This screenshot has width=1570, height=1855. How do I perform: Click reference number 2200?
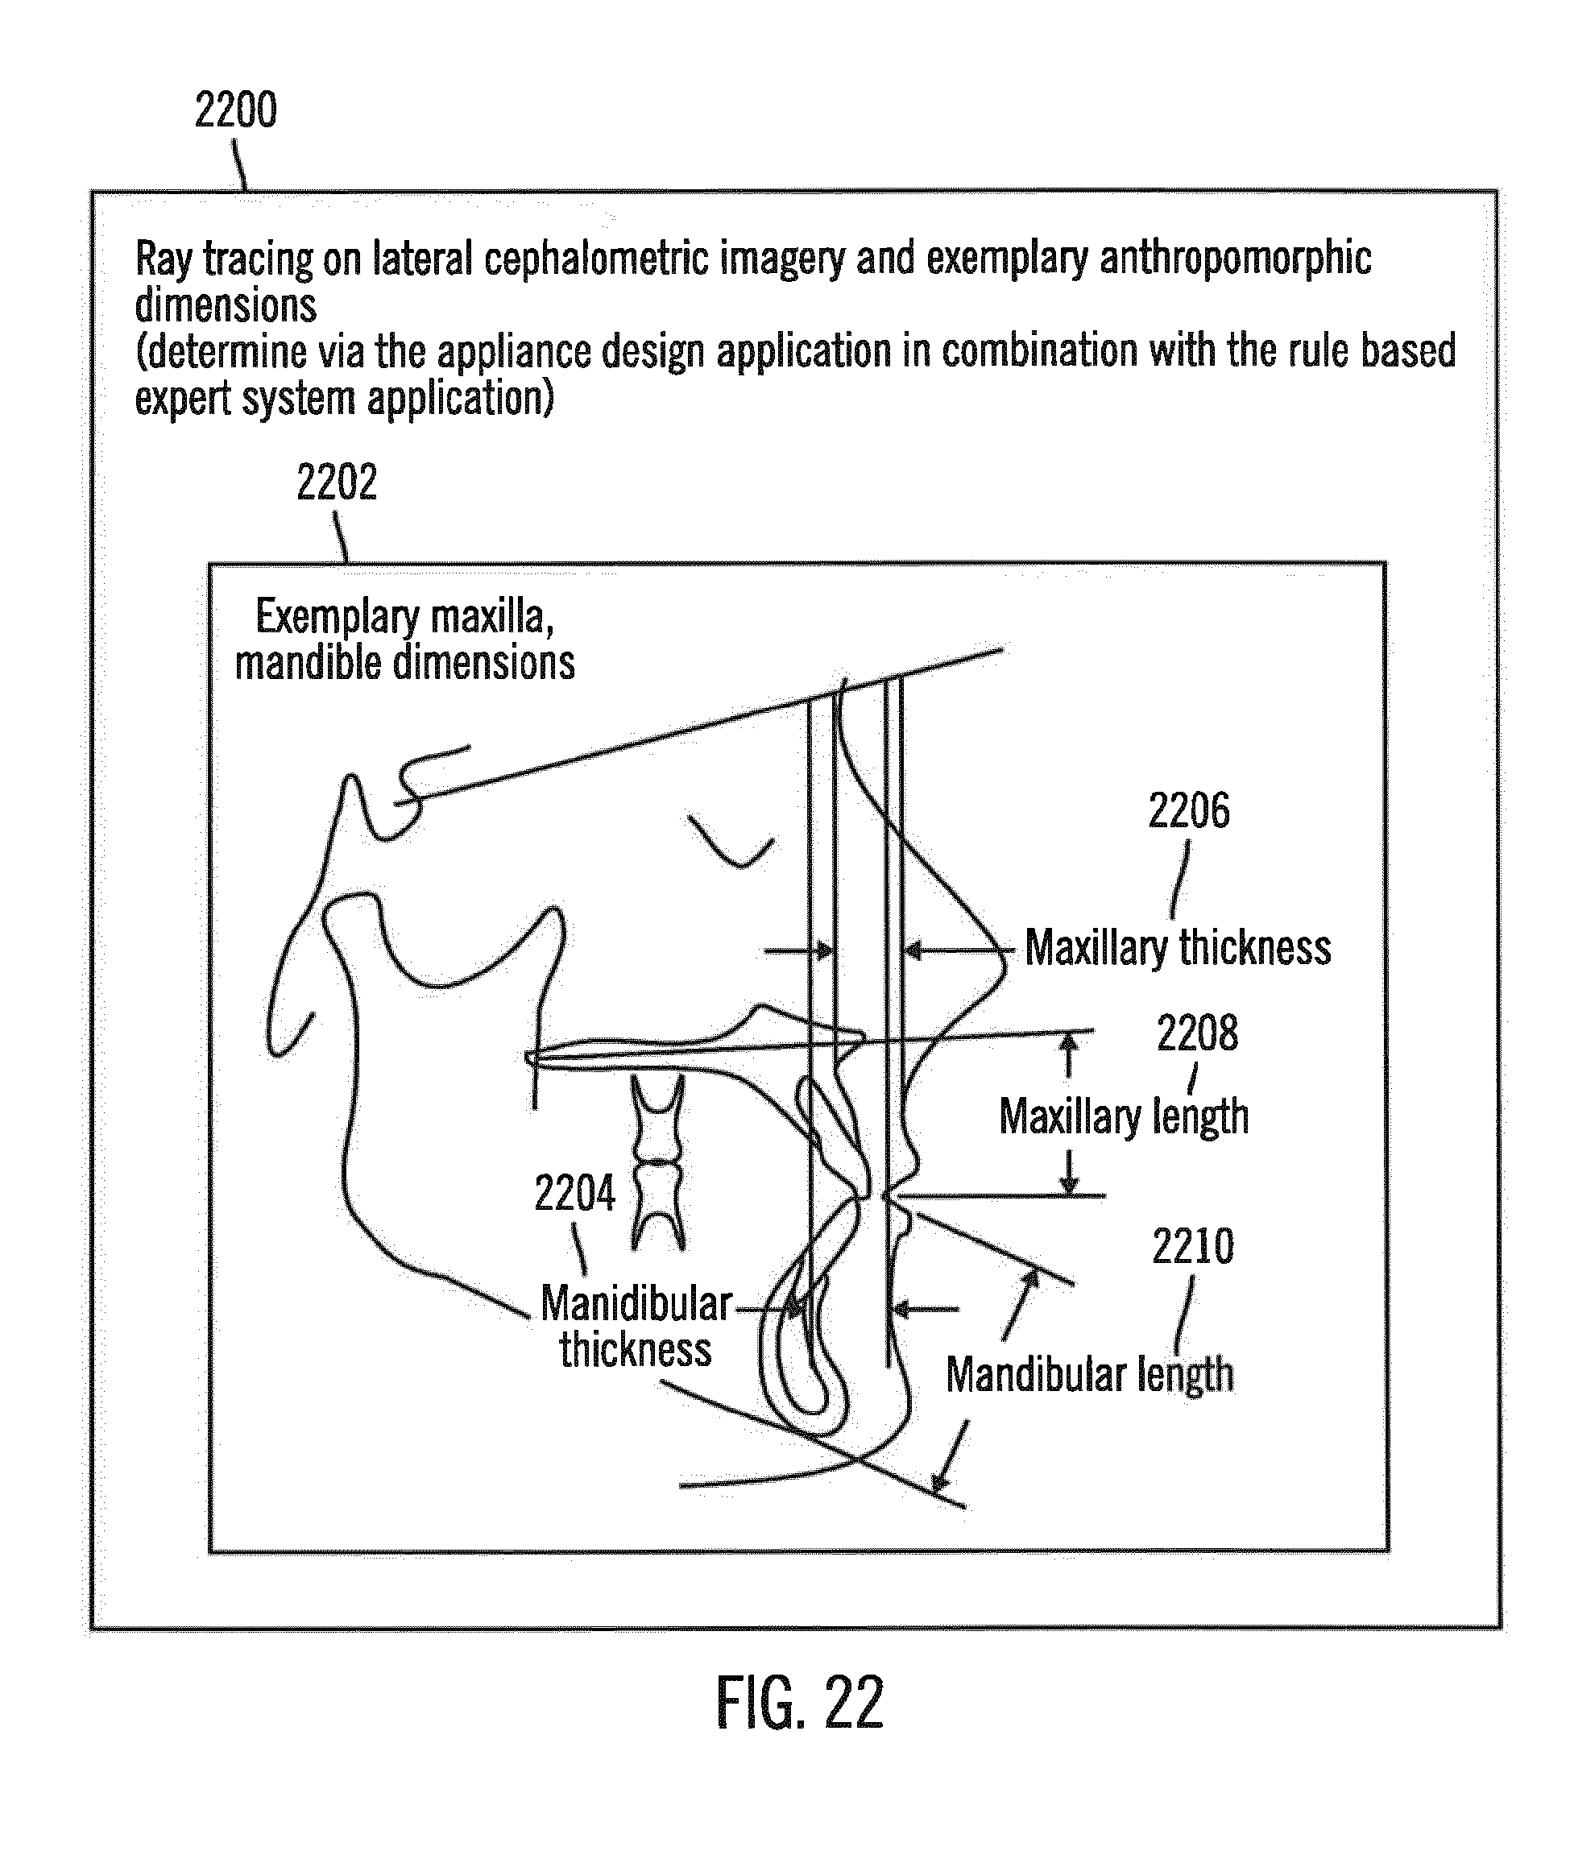pyautogui.click(x=236, y=110)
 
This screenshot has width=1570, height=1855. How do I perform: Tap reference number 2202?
pyautogui.click(x=337, y=482)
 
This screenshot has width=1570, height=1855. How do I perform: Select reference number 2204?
pyautogui.click(x=574, y=1193)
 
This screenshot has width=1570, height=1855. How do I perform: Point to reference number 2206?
pyautogui.click(x=1188, y=811)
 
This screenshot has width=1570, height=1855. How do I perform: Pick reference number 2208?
pyautogui.click(x=1197, y=1033)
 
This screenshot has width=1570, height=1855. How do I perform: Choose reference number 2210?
pyautogui.click(x=1193, y=1246)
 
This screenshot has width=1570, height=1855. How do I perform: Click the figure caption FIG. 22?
pyautogui.click(x=799, y=1703)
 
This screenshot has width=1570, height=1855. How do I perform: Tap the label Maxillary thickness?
pyautogui.click(x=1178, y=947)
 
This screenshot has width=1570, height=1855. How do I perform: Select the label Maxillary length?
pyautogui.click(x=1123, y=1116)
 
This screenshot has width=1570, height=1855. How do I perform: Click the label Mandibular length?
pyautogui.click(x=1089, y=1374)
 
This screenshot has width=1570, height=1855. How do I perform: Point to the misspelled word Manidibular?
pyautogui.click(x=636, y=1304)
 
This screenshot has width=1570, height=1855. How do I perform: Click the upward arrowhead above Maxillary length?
pyautogui.click(x=1069, y=1040)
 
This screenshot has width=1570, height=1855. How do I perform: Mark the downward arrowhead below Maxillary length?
pyautogui.click(x=1069, y=1186)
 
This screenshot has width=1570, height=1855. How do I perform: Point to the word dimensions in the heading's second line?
pyautogui.click(x=226, y=305)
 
